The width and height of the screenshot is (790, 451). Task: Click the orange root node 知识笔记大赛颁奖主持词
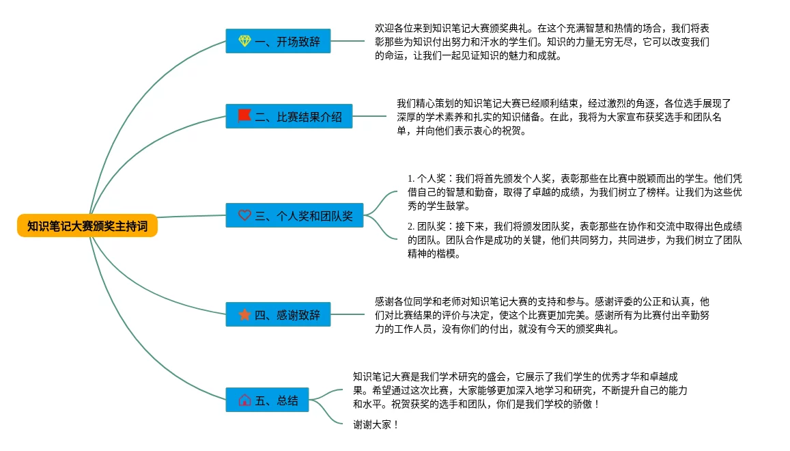[x=87, y=226]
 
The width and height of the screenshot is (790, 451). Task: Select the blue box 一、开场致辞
[x=268, y=42]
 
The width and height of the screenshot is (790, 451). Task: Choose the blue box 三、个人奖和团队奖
[x=295, y=215]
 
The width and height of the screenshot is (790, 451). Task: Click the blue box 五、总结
[x=268, y=400]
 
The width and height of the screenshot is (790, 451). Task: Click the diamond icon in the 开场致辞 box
[x=244, y=42]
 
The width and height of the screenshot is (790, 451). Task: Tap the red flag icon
[x=244, y=115]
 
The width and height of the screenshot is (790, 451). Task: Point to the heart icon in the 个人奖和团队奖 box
[x=244, y=215]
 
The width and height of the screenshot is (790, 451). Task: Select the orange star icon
[x=244, y=314]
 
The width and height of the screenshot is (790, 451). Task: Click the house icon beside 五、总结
[x=244, y=400]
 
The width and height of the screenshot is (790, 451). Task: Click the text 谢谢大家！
[x=376, y=424]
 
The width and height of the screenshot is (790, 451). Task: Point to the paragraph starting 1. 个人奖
[x=574, y=191]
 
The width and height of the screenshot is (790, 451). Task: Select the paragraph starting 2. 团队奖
[x=574, y=239]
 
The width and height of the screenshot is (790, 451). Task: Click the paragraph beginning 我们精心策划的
[x=563, y=117]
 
